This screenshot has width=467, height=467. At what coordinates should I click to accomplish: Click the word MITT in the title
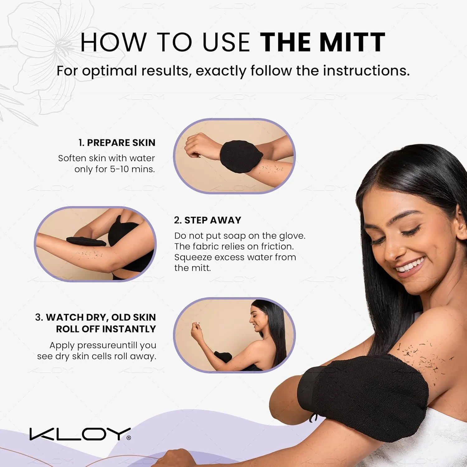pyautogui.click(x=352, y=42)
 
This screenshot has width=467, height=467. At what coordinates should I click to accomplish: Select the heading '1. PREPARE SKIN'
pyautogui.click(x=117, y=143)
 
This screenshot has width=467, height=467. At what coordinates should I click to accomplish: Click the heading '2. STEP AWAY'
pyautogui.click(x=208, y=220)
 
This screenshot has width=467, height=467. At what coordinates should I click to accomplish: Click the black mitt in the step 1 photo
pyautogui.click(x=241, y=156)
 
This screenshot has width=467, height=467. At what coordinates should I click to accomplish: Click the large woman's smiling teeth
pyautogui.click(x=410, y=266)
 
